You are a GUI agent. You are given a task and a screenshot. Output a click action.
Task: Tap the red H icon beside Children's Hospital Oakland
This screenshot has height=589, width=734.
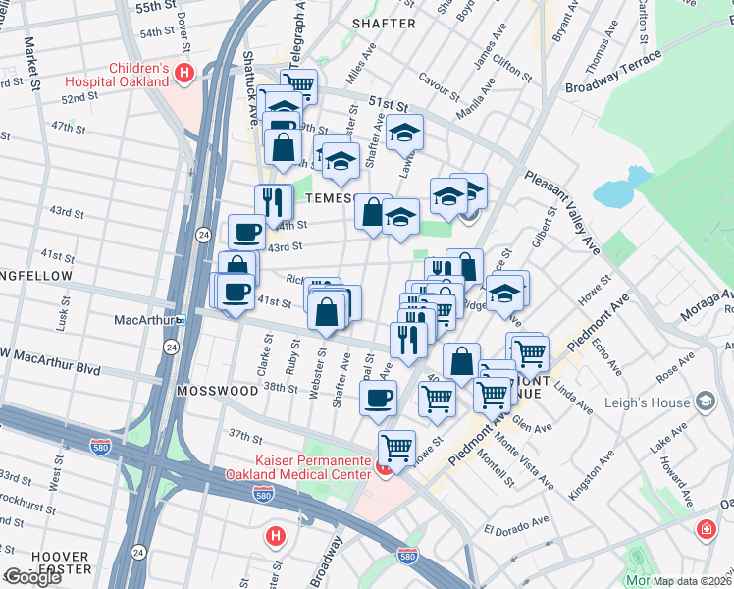tap(183, 71)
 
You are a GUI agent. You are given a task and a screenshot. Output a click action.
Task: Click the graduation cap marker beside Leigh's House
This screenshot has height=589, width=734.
tap(705, 401)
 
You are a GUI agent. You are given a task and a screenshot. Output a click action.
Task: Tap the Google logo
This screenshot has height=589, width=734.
tap(32, 577)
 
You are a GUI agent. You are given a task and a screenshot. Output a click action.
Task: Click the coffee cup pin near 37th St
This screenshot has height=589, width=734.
tap(378, 398)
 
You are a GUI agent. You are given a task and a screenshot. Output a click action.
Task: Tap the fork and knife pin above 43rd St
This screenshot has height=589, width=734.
tap(274, 201)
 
